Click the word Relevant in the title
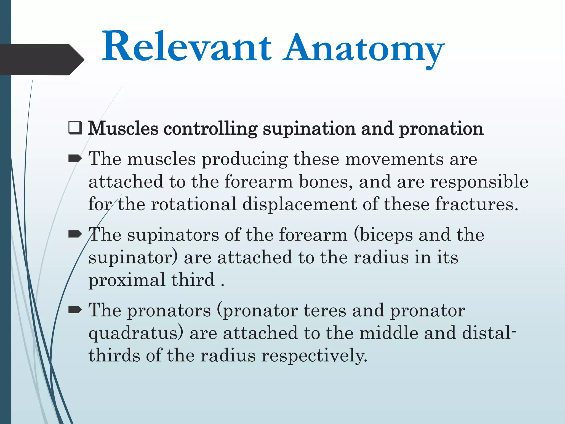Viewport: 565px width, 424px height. click(186, 47)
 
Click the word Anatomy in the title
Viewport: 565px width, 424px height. click(364, 50)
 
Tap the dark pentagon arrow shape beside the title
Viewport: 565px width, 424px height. click(41, 59)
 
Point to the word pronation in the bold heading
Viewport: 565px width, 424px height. click(441, 129)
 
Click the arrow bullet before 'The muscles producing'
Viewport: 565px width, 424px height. click(75, 158)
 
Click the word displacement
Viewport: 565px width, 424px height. click(299, 205)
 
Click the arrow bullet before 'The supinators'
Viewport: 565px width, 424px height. click(75, 234)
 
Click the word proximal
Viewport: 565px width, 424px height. click(127, 280)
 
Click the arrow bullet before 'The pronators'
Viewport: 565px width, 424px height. click(75, 310)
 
